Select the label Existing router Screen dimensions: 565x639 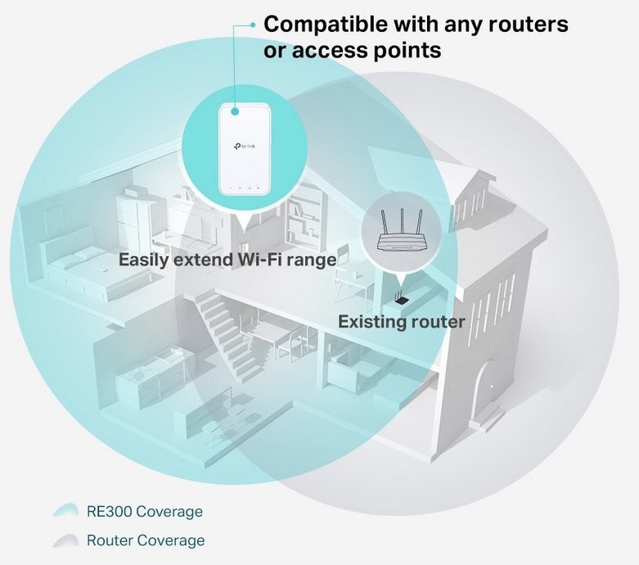point(401,322)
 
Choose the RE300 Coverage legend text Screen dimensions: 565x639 point(144,512)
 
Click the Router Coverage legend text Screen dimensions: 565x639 point(146,540)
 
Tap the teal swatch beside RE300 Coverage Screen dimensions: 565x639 point(65,512)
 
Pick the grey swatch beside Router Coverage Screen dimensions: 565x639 point(65,540)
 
